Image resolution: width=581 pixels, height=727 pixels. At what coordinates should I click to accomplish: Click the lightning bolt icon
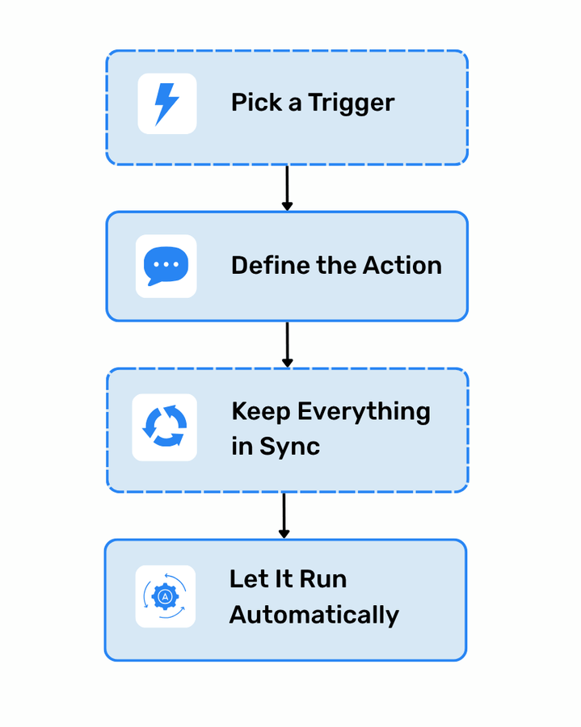pos(166,103)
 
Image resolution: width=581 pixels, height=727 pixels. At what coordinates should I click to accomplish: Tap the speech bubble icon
pos(166,266)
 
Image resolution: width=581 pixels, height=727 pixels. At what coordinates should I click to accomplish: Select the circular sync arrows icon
pos(165,427)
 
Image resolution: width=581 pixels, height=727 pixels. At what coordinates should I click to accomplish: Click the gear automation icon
pos(165,596)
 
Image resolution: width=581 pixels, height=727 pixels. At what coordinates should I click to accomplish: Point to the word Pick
pos(251,103)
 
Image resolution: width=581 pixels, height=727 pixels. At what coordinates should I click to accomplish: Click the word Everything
pos(364,412)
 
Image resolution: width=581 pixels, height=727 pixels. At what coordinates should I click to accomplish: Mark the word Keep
pos(261,412)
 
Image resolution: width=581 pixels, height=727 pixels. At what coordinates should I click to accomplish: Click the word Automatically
pos(314,616)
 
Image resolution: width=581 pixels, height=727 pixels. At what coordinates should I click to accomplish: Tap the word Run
pos(322,579)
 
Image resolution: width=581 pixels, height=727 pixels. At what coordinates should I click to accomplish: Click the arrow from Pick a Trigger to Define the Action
pos(287,188)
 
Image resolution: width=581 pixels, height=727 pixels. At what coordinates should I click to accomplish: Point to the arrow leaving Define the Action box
pos(287,345)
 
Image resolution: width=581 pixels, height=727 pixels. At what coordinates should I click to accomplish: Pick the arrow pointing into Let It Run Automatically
pos(284,515)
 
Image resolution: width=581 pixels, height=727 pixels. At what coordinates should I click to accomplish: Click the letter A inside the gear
pos(165,597)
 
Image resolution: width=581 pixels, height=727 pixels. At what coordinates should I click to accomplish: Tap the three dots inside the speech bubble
pos(166,264)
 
